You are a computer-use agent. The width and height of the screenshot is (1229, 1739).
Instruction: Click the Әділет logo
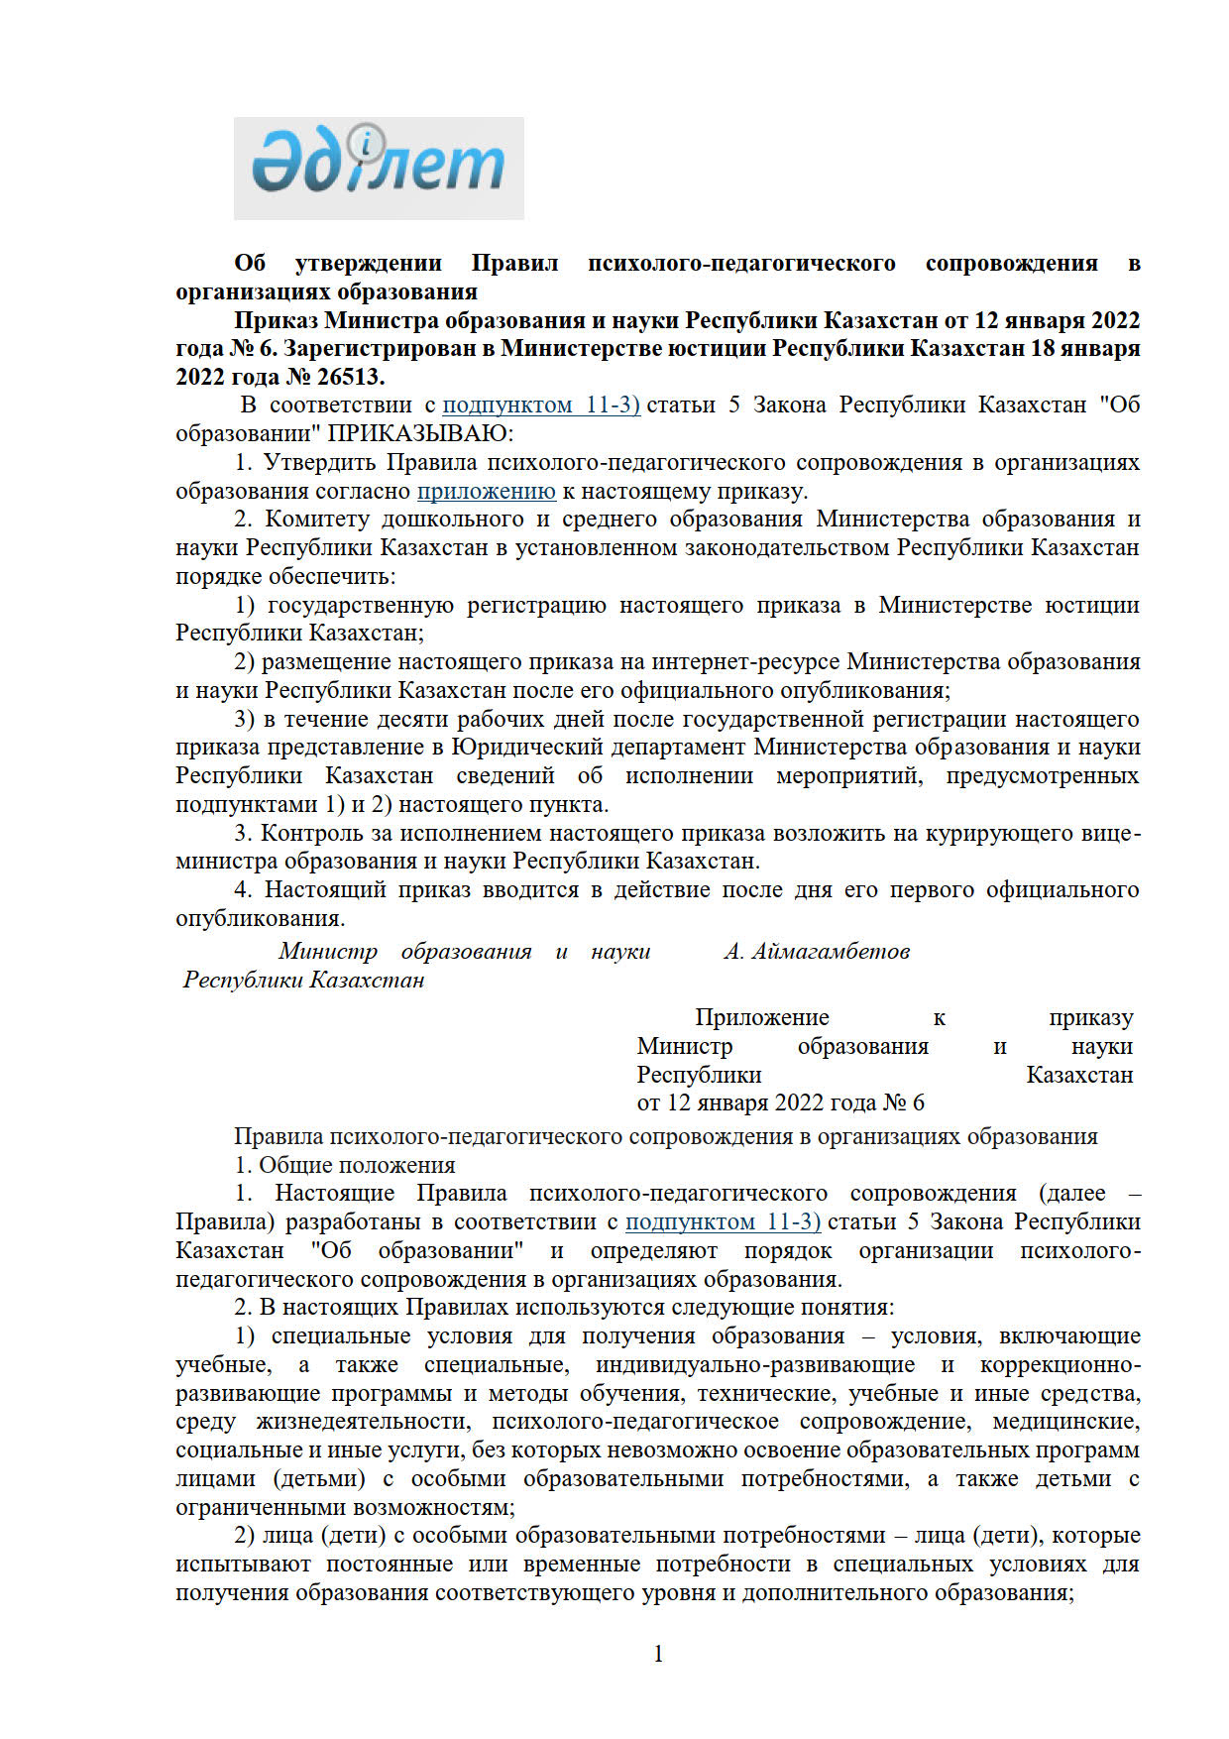point(378,168)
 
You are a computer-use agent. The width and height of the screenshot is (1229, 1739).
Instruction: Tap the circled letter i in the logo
point(367,145)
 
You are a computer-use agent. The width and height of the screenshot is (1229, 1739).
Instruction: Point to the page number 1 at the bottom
point(658,1653)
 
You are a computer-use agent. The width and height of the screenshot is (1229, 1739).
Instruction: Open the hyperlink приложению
point(486,491)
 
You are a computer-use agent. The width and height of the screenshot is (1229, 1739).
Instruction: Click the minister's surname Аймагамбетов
point(831,951)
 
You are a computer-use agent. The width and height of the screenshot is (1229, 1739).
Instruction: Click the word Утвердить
point(319,462)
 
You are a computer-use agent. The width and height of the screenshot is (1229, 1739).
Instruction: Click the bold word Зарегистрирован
point(388,348)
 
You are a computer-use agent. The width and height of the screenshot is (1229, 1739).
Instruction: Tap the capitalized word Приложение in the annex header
point(761,1017)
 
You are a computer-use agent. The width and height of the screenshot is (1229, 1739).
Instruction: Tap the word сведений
point(504,775)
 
